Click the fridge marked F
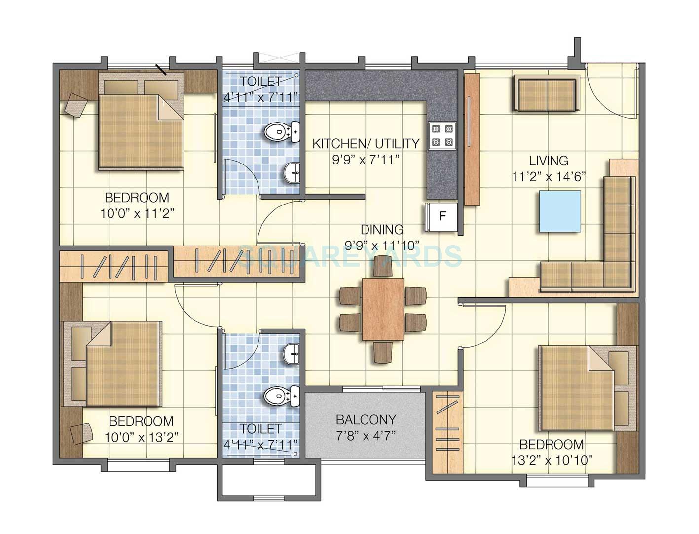point(442,216)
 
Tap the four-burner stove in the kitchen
point(441,136)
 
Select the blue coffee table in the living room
point(559,211)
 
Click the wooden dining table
point(383,309)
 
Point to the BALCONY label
point(366,420)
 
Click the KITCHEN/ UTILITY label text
point(366,144)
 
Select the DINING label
point(382,230)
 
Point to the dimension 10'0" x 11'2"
point(137,213)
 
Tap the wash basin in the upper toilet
point(292,173)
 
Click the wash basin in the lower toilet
point(292,353)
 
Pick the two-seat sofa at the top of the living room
point(546,93)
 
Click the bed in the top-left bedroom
point(141,131)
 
